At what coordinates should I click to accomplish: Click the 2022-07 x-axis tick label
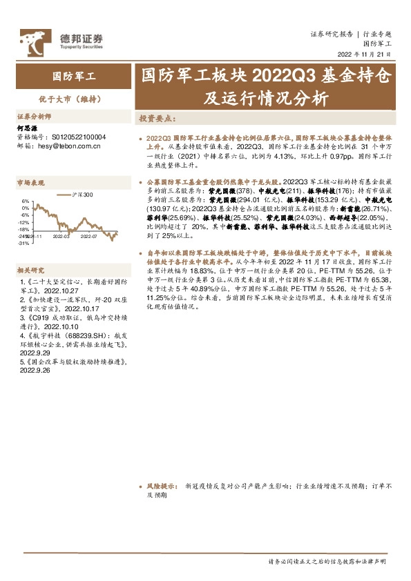tap(88, 236)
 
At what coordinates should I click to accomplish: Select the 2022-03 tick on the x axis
tap(62, 236)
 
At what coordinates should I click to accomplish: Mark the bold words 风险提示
tap(160, 486)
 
